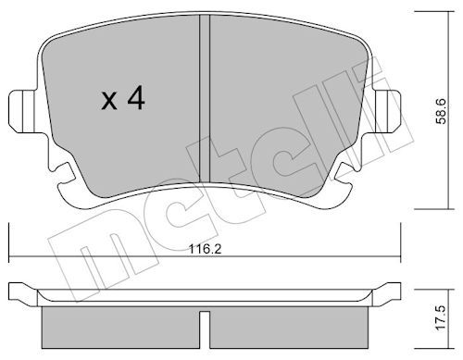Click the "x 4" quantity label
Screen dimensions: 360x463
point(123,100)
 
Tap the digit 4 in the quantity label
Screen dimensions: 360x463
point(136,100)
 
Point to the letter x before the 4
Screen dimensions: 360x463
point(108,102)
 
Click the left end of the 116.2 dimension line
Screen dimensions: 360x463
point(8,257)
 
